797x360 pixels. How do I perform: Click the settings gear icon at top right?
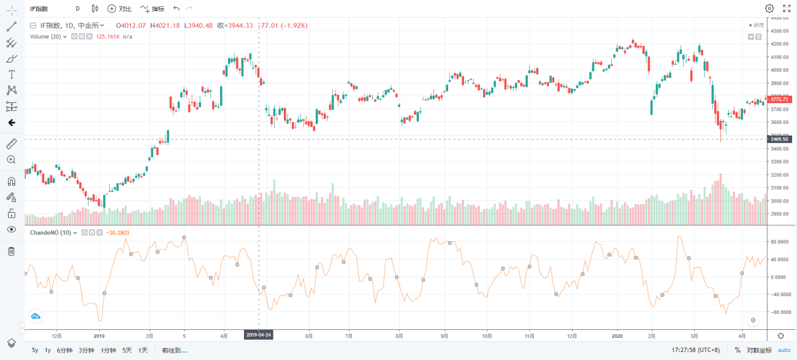coord(769,9)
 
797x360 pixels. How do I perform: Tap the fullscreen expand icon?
coord(787,9)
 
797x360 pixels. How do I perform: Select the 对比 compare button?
coord(120,9)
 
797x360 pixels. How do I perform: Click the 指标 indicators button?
coord(152,9)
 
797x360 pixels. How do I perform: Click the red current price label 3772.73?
coord(779,99)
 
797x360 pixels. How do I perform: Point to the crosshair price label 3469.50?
coord(779,139)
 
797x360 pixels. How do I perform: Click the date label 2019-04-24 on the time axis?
coord(259,335)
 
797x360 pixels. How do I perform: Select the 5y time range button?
coord(35,350)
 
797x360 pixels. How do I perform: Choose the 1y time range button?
coord(48,350)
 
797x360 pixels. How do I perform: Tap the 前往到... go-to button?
coord(174,350)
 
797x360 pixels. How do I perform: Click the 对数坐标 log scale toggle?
coord(759,350)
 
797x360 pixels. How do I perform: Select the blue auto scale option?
coord(784,350)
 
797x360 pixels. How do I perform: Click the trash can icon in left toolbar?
coord(12,251)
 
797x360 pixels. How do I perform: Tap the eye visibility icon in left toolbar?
coord(12,229)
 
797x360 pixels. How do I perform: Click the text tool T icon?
coord(12,74)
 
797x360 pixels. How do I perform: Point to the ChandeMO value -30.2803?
coord(118,233)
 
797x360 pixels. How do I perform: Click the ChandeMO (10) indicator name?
coord(50,233)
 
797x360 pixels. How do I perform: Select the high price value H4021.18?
coord(165,26)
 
